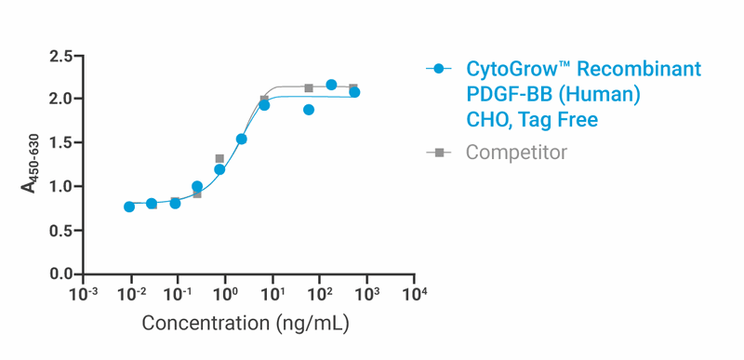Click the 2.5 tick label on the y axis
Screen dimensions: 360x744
[61, 57]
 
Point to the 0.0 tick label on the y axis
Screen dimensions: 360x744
[61, 274]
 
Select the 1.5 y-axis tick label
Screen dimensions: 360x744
[61, 143]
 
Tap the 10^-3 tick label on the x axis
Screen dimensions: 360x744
[83, 295]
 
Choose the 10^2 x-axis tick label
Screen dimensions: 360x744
[319, 295]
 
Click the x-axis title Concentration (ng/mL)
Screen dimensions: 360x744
[246, 324]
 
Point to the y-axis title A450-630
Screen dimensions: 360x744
[32, 164]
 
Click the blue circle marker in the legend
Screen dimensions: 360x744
[439, 69]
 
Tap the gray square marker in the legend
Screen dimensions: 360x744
[439, 152]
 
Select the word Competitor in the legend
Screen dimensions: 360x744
[516, 152]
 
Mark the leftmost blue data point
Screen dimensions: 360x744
[129, 207]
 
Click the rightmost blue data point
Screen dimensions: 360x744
[354, 92]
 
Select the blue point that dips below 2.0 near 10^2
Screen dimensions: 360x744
[309, 110]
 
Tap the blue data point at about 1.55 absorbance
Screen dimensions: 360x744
[242, 140]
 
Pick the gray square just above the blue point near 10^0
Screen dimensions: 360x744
[219, 159]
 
